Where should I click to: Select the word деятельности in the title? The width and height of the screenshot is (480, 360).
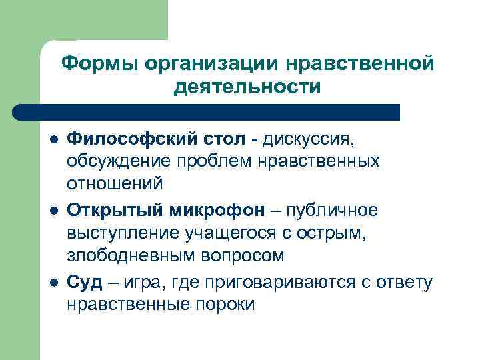pos(247,87)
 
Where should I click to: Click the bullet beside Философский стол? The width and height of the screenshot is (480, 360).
pos(53,139)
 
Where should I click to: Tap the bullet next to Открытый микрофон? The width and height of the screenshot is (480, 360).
pos(53,211)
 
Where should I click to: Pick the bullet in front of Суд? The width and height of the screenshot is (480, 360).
pos(53,283)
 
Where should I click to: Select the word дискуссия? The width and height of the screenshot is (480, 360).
pos(312,139)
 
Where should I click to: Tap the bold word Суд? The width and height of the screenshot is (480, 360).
pos(85,283)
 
